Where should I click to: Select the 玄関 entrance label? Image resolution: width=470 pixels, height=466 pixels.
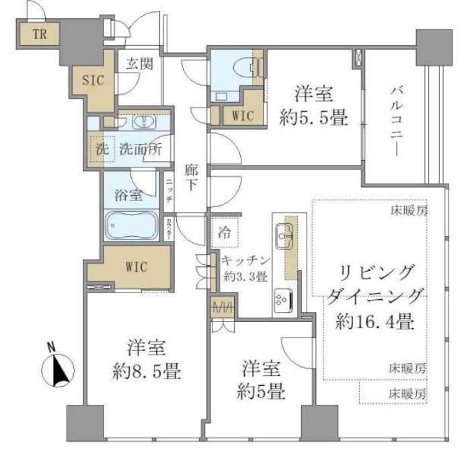[x=139, y=65]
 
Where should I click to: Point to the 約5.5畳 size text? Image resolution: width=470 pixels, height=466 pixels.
[x=313, y=118]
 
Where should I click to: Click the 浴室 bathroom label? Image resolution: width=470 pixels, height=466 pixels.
[x=126, y=196]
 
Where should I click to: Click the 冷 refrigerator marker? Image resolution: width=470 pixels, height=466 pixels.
[x=224, y=233]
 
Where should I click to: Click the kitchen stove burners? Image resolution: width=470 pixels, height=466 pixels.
[x=280, y=296]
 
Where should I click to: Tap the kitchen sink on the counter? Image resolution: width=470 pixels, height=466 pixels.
[x=282, y=235]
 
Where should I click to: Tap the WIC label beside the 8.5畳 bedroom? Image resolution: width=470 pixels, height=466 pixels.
[x=137, y=266]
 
